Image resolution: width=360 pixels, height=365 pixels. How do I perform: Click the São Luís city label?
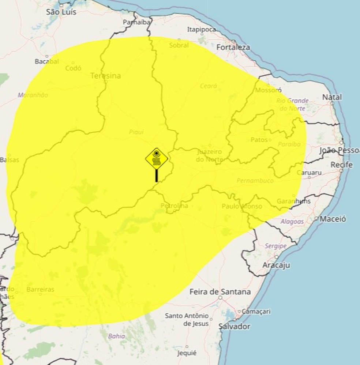tap(61, 12)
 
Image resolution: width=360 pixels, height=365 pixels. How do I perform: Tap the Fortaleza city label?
tap(233, 47)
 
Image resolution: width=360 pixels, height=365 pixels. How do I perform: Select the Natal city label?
tap(332, 97)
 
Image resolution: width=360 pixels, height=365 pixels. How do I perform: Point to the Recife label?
tap(341, 165)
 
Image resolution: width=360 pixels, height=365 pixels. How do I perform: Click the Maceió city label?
tap(333, 219)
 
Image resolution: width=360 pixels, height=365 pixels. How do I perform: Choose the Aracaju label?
tap(276, 265)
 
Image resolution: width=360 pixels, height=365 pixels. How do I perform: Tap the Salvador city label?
tap(234, 326)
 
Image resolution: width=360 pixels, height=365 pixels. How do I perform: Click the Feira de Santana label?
tap(220, 291)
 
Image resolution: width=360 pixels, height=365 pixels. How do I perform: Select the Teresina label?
tap(105, 76)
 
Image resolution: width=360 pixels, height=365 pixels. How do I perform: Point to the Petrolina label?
tap(174, 206)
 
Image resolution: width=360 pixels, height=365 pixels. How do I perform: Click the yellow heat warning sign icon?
tap(157, 159)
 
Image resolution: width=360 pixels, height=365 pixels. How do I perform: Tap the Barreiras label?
tap(40, 289)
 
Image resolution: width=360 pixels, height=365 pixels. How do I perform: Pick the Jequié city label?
tap(187, 353)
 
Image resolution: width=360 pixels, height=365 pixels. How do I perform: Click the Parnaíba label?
tap(136, 23)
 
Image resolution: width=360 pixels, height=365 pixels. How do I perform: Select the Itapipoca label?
tap(201, 30)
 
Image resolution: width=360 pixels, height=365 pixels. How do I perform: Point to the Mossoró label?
tap(268, 90)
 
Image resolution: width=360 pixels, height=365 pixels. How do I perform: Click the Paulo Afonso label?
tap(241, 206)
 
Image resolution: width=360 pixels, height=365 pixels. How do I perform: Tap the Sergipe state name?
tap(275, 246)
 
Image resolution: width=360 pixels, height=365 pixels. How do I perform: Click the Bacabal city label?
tap(47, 61)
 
